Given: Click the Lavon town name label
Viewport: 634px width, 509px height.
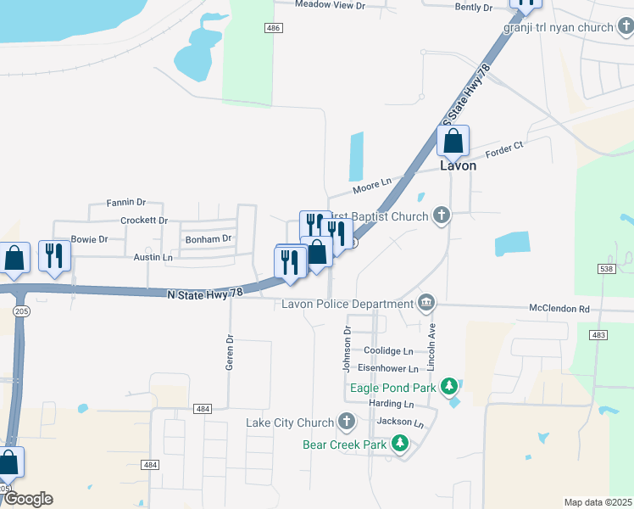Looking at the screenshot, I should (x=458, y=166).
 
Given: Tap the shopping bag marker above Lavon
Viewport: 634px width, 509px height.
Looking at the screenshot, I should (x=453, y=140).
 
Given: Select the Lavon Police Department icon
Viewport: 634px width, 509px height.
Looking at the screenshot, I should (x=426, y=303).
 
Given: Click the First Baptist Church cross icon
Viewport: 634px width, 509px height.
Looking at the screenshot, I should (x=441, y=215).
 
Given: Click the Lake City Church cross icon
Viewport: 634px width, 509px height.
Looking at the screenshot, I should (x=346, y=422).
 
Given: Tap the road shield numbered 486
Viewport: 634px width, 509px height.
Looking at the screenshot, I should (x=272, y=28).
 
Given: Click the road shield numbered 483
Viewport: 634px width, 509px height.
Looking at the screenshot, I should (x=598, y=336).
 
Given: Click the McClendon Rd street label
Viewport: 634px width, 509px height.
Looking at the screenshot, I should (x=559, y=309).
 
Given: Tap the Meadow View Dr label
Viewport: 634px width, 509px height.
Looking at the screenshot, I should (x=330, y=5).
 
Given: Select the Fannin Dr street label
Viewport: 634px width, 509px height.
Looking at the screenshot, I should (x=126, y=203).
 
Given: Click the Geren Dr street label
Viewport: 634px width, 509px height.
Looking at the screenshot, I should (x=229, y=350).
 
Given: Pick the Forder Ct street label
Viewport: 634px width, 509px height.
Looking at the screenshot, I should (x=505, y=153).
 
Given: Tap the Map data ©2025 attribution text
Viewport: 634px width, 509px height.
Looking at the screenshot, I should (x=598, y=502).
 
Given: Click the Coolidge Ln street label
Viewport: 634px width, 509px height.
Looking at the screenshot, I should (x=388, y=350).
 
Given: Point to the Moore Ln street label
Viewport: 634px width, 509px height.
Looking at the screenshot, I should (x=373, y=182).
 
